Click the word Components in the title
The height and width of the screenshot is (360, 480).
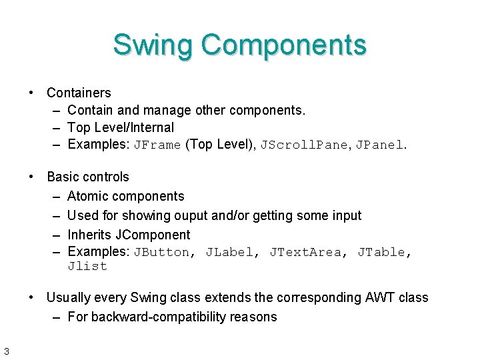pyautogui.click(x=284, y=45)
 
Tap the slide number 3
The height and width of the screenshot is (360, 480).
pyautogui.click(x=5, y=351)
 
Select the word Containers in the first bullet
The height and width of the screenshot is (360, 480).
pyautogui.click(x=79, y=93)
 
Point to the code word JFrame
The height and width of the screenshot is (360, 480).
pyautogui.click(x=157, y=145)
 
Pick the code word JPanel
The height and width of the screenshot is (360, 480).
pyautogui.click(x=377, y=145)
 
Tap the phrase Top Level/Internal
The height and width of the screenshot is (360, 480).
pyautogui.click(x=121, y=127)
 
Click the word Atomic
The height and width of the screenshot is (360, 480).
pyautogui.click(x=87, y=196)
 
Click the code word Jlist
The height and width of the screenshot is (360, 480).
pyautogui.click(x=87, y=267)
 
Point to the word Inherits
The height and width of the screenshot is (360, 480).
pyautogui.click(x=90, y=235)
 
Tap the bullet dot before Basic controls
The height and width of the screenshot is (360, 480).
pyautogui.click(x=31, y=177)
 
